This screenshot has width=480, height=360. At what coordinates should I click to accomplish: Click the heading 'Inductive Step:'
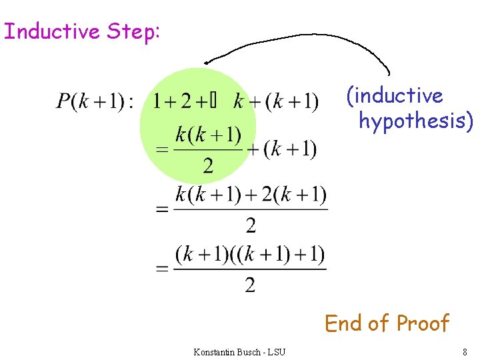pos(81,31)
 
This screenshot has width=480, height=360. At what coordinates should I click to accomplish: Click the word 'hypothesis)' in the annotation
pos(416,121)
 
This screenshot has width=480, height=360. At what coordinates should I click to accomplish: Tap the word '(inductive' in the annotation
pos(394,95)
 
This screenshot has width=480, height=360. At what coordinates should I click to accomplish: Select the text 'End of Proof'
pos(387,323)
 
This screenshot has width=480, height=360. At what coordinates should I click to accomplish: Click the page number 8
pos(465,351)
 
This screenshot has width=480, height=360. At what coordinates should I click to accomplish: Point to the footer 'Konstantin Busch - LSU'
pos(239,351)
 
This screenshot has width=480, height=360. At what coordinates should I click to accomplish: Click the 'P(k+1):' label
pos(95,102)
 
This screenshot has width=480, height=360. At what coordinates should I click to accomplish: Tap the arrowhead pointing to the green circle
pos(207,63)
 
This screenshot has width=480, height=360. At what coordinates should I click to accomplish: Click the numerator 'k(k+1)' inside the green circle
pos(208,135)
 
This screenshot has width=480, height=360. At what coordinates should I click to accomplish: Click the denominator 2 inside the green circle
pos(208,165)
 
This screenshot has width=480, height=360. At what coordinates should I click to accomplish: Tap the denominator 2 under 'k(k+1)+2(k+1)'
pos(251,226)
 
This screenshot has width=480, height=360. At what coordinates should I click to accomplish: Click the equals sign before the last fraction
pos(162,269)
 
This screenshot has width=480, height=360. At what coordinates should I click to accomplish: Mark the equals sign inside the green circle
pos(162,150)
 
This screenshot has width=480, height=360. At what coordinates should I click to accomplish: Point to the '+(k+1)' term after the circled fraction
pos(282,150)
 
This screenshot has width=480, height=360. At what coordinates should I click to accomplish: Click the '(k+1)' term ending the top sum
pos(292,102)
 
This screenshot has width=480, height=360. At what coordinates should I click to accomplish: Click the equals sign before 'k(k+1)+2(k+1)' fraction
pos(162,210)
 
